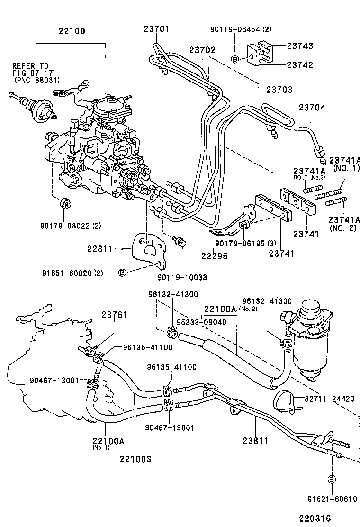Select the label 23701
coord(156,29)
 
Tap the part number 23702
coord(203,49)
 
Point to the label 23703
coord(279,90)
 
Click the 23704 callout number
coord(312,108)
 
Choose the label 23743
coord(299,46)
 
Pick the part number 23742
coord(299,65)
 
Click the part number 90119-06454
coord(234,29)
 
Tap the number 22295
coord(214,256)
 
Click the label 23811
coord(255,441)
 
